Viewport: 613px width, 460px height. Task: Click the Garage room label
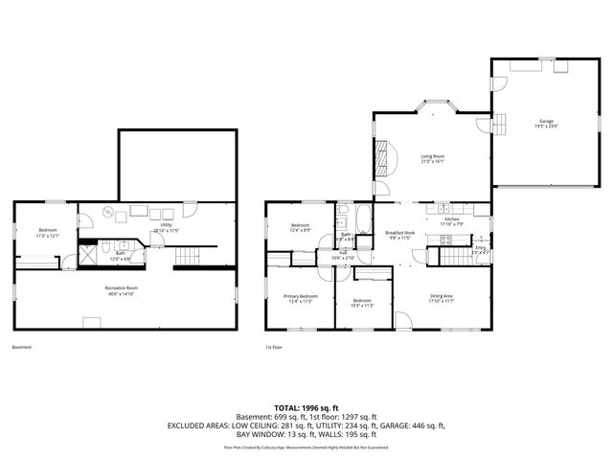[x=547, y=124]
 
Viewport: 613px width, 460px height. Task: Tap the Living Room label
[x=433, y=159]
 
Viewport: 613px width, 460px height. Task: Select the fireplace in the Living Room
[x=384, y=155]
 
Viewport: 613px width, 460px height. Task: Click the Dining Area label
[x=442, y=299]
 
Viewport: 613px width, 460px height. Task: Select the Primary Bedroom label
[x=300, y=299]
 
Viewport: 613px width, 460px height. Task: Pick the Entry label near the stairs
[x=480, y=249]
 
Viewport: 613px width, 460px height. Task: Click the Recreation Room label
[x=122, y=290]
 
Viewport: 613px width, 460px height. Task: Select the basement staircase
[x=194, y=256]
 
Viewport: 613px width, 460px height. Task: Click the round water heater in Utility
[x=108, y=212]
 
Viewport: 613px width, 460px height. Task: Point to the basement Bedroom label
[x=48, y=232]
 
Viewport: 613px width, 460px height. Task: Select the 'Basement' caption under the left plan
[x=21, y=347]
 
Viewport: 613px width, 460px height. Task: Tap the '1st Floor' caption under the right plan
[x=275, y=347]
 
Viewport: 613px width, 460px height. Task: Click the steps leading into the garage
[x=498, y=123]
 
